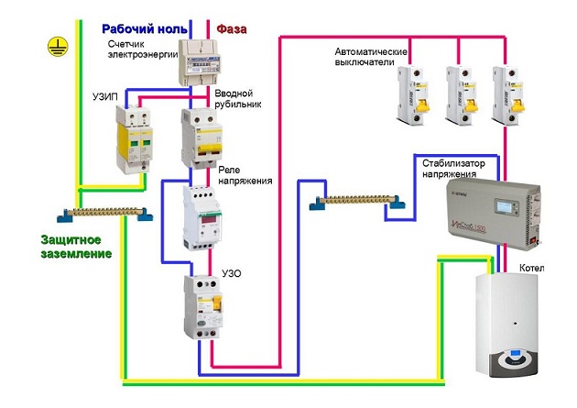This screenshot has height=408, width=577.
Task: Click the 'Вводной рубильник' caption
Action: [x=240, y=99]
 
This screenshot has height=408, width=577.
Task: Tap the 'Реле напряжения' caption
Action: [x=246, y=175]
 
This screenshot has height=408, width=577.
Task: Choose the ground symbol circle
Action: [x=59, y=42]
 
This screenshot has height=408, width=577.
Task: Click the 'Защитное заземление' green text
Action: [x=75, y=245]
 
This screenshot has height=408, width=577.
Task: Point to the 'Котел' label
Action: [x=531, y=268]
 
